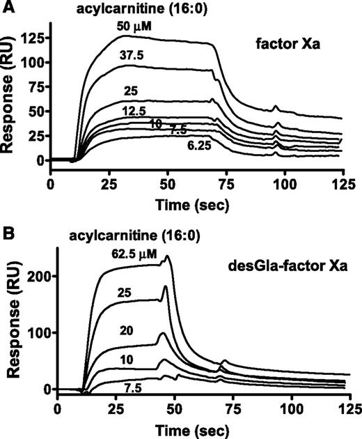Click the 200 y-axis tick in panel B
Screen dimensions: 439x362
[x=40, y=275]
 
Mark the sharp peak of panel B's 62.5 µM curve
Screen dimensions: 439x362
[x=167, y=256]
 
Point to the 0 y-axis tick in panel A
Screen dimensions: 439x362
[x=41, y=160]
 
